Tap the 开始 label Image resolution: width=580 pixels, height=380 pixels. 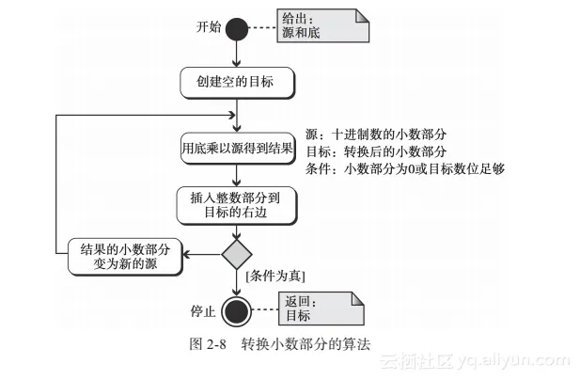tap(209, 27)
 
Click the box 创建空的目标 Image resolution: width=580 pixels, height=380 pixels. tap(237, 82)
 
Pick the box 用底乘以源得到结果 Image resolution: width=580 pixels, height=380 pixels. tap(237, 149)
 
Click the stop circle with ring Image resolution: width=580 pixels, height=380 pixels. tap(237, 309)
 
